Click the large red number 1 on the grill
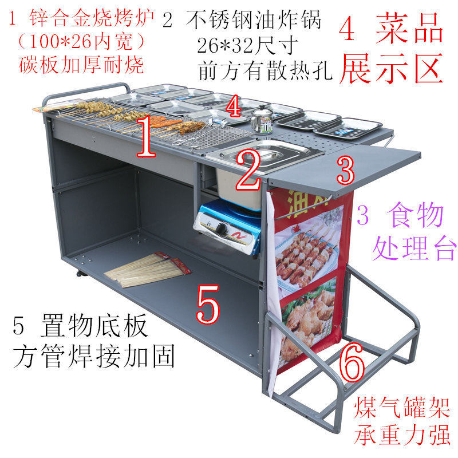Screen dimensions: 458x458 coord(146,136)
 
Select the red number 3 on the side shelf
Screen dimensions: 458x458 coord(345,169)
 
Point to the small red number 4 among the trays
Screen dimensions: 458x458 coord(233,106)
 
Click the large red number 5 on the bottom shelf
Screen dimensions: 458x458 coord(207,305)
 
